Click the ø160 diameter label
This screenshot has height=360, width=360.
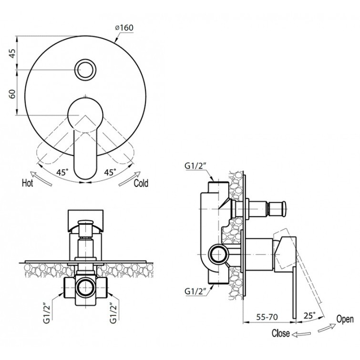(x=124, y=28)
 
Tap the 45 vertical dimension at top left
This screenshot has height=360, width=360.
(x=12, y=53)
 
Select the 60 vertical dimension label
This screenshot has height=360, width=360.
(x=12, y=93)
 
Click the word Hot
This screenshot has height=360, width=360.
(x=28, y=183)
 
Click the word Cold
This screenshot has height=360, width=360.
(x=141, y=184)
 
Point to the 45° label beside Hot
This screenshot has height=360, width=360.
(x=62, y=172)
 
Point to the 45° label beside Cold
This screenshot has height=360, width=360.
(x=110, y=172)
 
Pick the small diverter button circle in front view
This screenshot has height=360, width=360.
(x=85, y=69)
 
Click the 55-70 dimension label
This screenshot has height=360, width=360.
(x=267, y=317)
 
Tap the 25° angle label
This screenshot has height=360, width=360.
(x=309, y=316)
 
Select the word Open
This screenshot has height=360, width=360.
(x=345, y=319)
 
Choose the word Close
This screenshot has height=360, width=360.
(x=280, y=333)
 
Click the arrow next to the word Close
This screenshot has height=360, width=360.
(x=301, y=334)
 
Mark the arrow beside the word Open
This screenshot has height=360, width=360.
(x=327, y=328)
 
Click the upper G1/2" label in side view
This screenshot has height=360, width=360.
(x=194, y=166)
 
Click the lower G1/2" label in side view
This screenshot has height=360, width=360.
(x=194, y=291)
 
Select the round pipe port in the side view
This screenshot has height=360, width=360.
(x=218, y=255)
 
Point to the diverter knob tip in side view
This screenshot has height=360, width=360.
(x=284, y=209)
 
